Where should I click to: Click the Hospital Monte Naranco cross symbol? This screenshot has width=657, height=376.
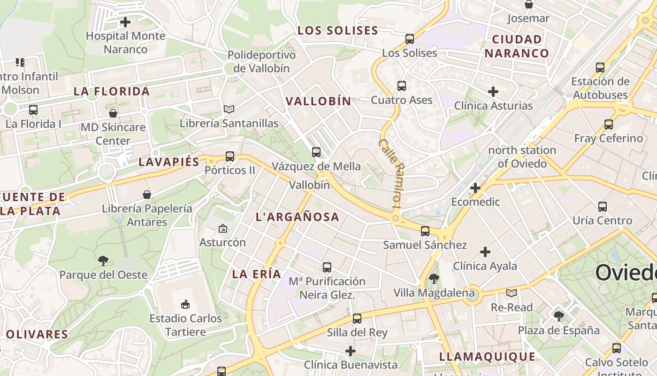(125, 22)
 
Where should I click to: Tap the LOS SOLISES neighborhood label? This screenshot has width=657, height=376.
(338, 31)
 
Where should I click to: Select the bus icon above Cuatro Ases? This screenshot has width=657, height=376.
(402, 86)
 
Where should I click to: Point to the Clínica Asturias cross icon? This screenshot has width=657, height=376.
(493, 92)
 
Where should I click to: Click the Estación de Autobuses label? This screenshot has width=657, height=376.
(600, 88)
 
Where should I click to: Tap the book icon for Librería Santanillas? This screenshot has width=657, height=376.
(229, 110)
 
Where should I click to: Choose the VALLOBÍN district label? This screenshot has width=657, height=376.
(319, 101)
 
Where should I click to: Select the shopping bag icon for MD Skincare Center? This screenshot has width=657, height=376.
(113, 113)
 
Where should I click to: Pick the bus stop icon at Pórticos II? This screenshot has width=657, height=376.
(230, 157)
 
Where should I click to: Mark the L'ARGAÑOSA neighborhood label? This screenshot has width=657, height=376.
(297, 217)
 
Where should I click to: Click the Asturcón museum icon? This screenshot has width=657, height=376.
(223, 229)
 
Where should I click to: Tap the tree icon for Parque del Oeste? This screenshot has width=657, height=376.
(103, 261)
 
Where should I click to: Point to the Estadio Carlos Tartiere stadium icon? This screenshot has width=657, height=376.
(185, 305)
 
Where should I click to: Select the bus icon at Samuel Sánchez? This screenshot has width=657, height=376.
(425, 231)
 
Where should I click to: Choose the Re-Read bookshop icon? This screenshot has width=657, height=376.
(512, 293)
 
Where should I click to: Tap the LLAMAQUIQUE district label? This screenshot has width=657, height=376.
(487, 357)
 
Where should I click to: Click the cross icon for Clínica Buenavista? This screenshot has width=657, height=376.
(351, 351)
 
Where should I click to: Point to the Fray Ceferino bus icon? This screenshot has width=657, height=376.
(609, 125)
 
